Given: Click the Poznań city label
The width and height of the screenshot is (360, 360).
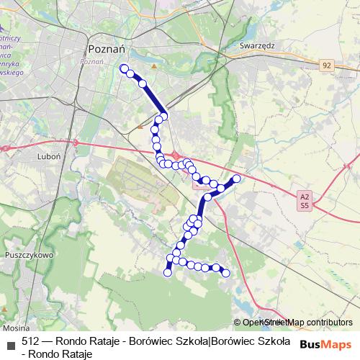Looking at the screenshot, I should tap(107, 49).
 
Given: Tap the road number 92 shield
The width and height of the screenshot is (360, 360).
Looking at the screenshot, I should tap(328, 66).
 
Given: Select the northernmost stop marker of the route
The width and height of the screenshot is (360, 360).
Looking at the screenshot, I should tap(124, 68).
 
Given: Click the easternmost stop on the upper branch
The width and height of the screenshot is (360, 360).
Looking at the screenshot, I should tap(236, 179).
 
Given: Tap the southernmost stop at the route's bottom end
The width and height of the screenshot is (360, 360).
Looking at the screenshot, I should tap(168, 272).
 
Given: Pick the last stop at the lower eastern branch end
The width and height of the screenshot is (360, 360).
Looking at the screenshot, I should tap(225, 272).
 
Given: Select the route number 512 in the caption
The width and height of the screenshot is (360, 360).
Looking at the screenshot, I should tap(31, 341).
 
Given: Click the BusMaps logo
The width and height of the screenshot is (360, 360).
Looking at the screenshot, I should tap(325, 344).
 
